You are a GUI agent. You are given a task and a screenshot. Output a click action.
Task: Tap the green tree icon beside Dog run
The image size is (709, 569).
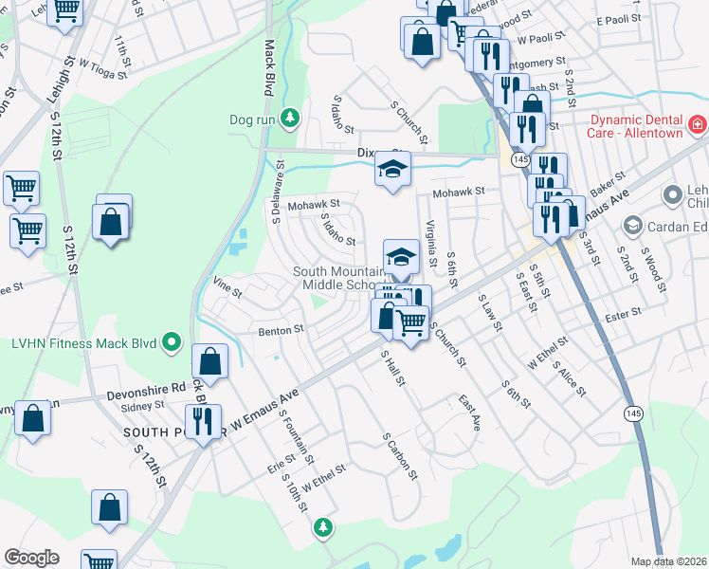pos(291,119)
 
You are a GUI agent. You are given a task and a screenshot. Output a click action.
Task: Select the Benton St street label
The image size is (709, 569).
pos(281,331)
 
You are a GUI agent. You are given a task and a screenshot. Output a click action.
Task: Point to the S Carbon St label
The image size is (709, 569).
pos(400,455)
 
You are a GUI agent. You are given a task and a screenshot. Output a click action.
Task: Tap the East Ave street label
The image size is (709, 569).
pos(469,413)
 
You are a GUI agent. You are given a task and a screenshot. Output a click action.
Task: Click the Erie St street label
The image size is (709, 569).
pos(282,466)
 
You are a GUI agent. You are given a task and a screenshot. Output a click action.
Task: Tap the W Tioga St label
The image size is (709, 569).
pos(99,64)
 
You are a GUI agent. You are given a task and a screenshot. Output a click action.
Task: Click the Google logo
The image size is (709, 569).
pos(31,558)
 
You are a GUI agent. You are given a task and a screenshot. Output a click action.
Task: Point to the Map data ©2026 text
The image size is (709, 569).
pos(668,561)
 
